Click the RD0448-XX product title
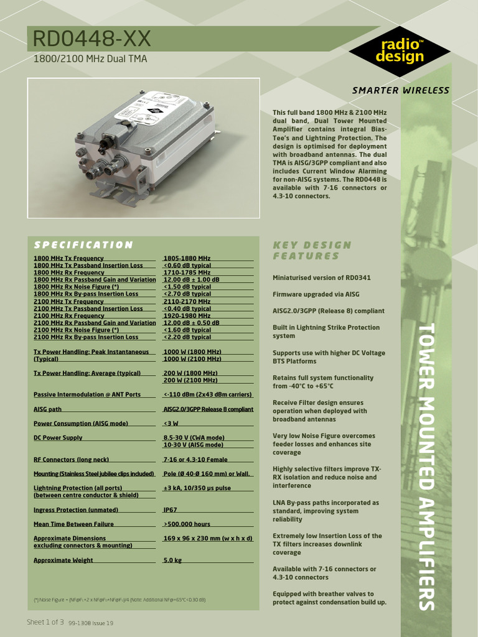91,40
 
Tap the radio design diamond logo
399,50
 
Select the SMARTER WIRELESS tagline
400,90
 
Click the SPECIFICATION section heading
83,245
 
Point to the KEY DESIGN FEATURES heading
312,250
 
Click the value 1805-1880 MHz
187,258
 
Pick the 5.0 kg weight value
172,560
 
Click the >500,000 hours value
187,524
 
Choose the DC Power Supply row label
58,438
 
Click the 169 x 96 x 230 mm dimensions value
207,538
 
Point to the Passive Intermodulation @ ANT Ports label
87,394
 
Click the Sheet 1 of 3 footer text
45,622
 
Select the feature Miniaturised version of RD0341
321,277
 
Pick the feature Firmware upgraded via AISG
316,294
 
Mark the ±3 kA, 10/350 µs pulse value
197,488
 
